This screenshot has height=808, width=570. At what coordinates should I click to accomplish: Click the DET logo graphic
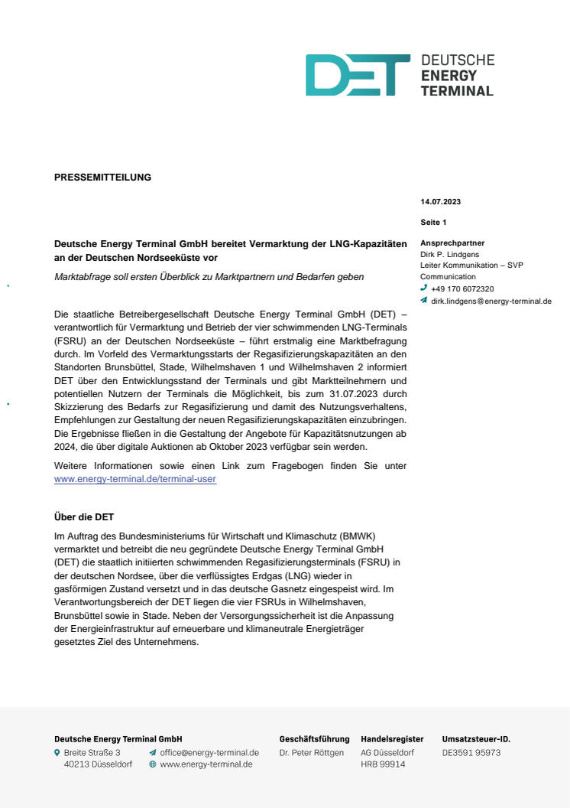pos(358,75)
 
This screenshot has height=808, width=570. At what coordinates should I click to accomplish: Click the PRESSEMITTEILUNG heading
pos(102,178)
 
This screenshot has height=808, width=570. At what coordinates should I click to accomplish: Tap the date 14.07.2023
pos(441,202)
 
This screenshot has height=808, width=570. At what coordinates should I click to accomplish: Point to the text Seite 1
pos(433,222)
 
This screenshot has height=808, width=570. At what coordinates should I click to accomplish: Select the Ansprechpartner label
pos(452,243)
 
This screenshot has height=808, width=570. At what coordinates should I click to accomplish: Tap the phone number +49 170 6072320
pos(462,289)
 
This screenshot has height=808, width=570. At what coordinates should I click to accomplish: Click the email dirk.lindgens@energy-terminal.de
pos(491,301)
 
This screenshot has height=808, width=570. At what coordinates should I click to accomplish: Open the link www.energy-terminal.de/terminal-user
pos(135,479)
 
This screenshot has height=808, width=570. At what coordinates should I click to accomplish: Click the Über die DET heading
pos(84,517)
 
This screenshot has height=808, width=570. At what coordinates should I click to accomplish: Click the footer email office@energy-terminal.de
pos(209,753)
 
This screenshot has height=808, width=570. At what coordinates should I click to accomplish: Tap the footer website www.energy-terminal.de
pos(206,764)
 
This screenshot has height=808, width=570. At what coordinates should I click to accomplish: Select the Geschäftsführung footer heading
pos(314,739)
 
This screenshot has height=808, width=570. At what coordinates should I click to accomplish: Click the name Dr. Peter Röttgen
pos(312,753)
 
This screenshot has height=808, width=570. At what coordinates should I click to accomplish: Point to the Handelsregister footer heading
pos(392,739)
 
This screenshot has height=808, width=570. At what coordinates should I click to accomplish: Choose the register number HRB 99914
pos(383,764)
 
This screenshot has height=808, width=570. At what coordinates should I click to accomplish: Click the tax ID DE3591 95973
pos(471,753)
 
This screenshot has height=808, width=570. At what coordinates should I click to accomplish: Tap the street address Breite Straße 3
pos(92,753)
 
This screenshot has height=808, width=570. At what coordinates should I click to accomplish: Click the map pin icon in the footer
pos(57,753)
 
